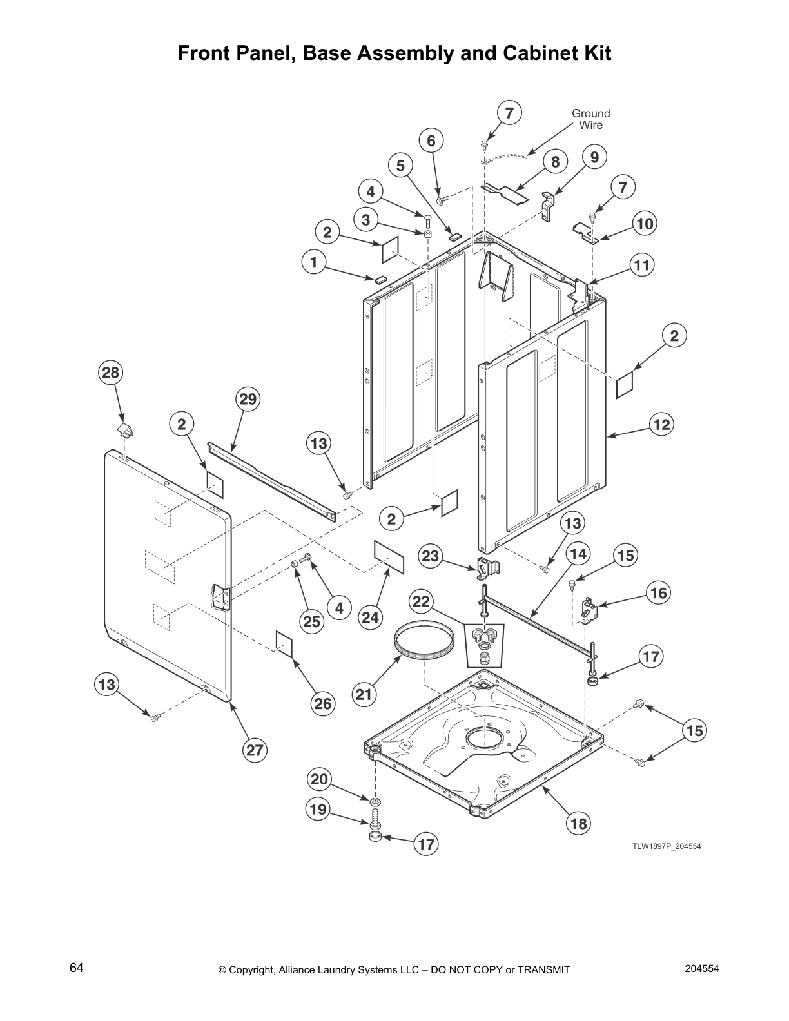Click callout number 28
[111, 373]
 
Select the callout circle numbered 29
[248, 400]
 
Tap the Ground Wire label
[590, 119]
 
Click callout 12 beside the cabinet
[661, 425]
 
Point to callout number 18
[579, 823]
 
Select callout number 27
[255, 750]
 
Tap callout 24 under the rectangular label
[370, 617]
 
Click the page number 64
[76, 968]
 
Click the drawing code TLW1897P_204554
[666, 846]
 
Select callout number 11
[642, 265]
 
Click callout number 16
[659, 592]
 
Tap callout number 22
[421, 602]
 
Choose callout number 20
[320, 780]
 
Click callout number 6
[431, 141]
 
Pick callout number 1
[314, 262]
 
